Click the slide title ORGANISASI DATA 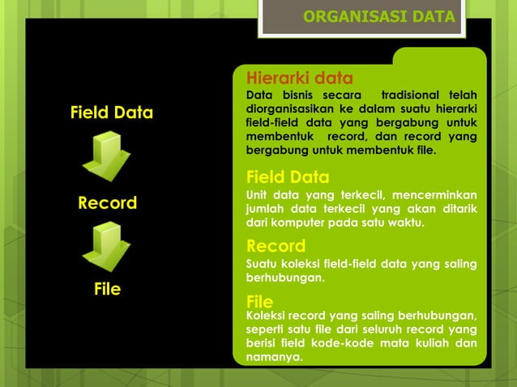[378, 17]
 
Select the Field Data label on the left [111, 113]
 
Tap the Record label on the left [107, 202]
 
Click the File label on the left [107, 288]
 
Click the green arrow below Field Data [106, 157]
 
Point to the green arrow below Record [106, 246]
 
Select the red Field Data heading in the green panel [287, 177]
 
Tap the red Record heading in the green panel [276, 246]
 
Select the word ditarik [458, 209]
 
